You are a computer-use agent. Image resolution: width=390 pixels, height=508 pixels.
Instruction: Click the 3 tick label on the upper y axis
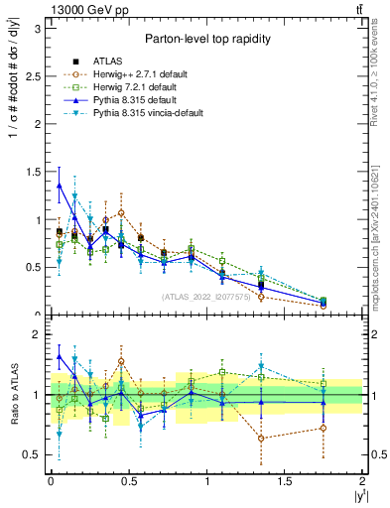(x=38, y=29)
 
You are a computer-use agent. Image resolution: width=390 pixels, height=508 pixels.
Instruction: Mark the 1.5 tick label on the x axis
(x=285, y=481)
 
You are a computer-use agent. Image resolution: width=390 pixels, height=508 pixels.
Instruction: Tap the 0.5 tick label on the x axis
(x=129, y=481)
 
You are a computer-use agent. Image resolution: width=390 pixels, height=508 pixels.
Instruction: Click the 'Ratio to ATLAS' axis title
(x=12, y=395)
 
